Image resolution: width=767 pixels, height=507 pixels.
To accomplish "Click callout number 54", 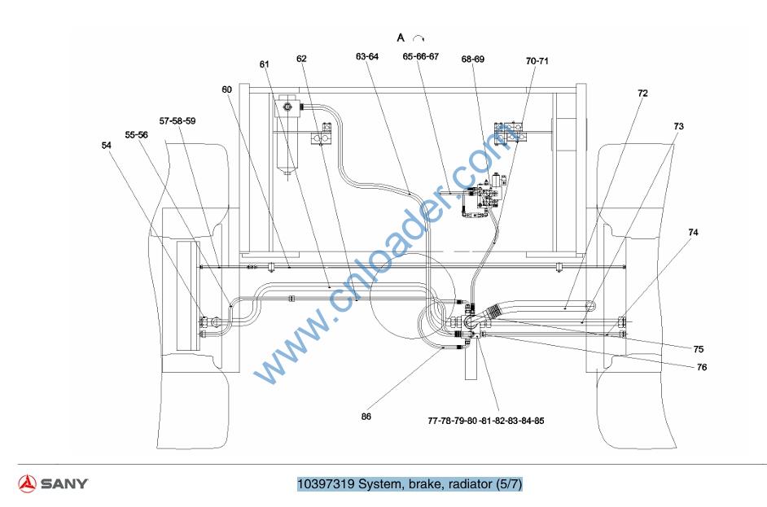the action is point(106,145).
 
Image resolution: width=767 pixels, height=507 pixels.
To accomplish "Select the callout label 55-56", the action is point(136,135).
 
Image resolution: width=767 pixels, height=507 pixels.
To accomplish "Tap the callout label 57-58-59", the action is point(177,120).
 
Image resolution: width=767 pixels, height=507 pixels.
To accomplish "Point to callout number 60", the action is point(226,90).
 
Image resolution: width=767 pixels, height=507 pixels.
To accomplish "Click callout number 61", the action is point(264,64).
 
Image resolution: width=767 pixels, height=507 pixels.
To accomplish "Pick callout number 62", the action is point(301,59).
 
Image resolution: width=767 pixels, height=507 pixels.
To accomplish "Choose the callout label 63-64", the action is point(367,57).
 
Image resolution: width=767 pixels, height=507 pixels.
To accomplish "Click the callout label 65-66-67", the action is point(421,56).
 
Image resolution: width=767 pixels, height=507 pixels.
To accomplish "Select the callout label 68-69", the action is point(472,59).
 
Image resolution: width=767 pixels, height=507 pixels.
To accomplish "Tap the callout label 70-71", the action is point(537,61).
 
